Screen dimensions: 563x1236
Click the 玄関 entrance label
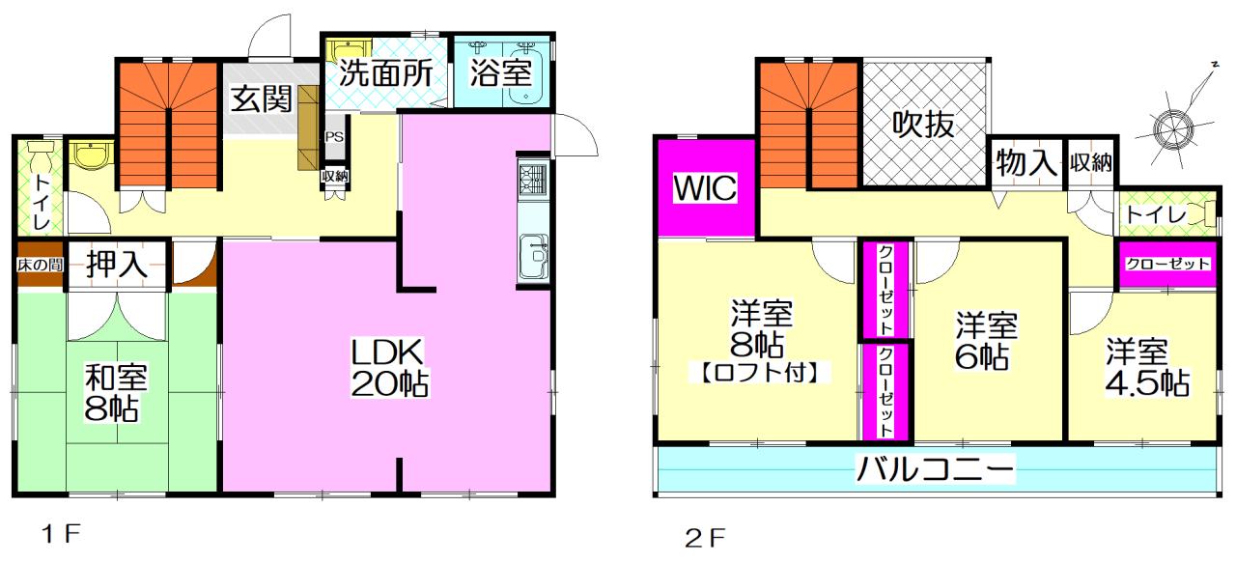262,99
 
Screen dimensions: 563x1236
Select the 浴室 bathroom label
500,73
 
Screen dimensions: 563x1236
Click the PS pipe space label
334,136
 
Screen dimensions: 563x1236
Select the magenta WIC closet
705,187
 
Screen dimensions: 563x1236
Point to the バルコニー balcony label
936,470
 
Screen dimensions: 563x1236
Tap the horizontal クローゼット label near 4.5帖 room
1166,264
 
